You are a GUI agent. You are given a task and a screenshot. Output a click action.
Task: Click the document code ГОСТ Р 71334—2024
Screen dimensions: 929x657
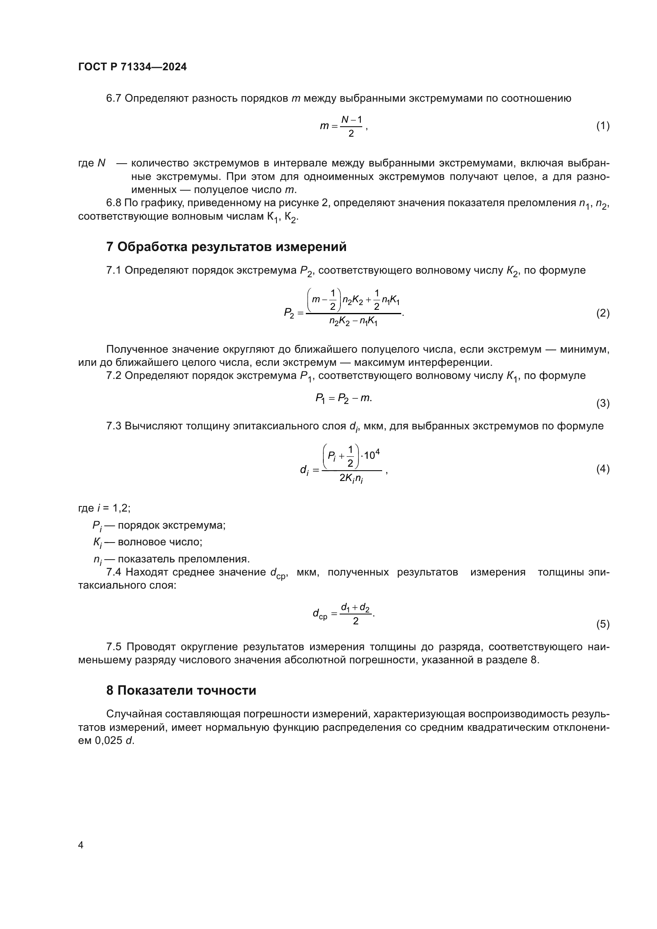click(132, 67)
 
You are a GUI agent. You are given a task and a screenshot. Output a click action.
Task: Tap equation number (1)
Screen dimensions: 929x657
click(603, 126)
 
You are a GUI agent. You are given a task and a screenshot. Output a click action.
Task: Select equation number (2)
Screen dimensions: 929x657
click(603, 313)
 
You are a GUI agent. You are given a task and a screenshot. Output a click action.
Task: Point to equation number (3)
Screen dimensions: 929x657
click(603, 404)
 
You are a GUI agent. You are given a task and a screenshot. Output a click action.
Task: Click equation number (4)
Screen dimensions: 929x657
click(603, 469)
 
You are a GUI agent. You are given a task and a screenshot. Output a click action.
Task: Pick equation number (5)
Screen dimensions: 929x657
click(603, 624)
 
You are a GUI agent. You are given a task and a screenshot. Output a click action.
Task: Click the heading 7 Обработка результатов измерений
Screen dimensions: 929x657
click(226, 247)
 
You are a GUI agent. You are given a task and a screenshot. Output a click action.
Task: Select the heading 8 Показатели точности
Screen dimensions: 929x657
click(181, 690)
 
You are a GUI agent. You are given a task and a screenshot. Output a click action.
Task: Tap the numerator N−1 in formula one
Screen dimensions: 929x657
click(351, 120)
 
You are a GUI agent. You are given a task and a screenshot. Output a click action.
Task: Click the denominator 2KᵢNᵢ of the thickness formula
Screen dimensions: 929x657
click(351, 479)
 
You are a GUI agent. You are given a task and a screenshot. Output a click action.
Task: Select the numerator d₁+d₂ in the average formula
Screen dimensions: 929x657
click(355, 607)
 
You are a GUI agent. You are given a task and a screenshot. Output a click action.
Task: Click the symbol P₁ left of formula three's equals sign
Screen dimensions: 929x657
click(320, 398)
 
